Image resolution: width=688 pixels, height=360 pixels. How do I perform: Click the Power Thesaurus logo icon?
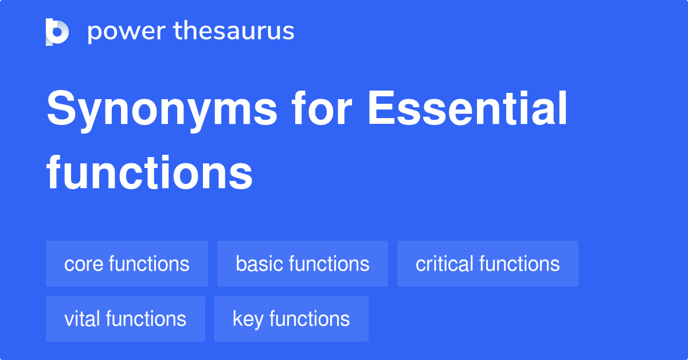click(57, 32)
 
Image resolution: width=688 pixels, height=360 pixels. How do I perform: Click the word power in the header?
click(127, 32)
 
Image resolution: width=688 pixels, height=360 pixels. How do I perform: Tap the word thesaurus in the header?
click(234, 30)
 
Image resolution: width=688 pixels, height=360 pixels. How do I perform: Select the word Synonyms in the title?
click(162, 111)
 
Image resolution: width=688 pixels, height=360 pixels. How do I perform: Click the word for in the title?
click(322, 108)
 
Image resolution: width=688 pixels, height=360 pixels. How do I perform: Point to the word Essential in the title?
click(467, 108)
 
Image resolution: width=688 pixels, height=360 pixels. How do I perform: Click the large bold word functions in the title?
click(150, 172)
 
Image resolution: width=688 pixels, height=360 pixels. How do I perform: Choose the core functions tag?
click(127, 264)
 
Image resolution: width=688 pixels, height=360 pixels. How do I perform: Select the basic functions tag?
click(303, 264)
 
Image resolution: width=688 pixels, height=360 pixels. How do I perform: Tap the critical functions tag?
click(488, 264)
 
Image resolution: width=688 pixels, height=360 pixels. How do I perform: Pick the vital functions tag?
click(126, 319)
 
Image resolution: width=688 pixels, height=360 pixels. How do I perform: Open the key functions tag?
click(291, 319)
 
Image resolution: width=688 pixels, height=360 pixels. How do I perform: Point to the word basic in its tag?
click(259, 264)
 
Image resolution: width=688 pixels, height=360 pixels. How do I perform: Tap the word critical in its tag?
click(444, 264)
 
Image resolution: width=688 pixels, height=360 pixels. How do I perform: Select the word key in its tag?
click(248, 319)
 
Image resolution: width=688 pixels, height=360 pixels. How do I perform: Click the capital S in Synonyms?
click(61, 108)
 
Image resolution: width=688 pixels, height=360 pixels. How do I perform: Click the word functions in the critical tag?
click(519, 264)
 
